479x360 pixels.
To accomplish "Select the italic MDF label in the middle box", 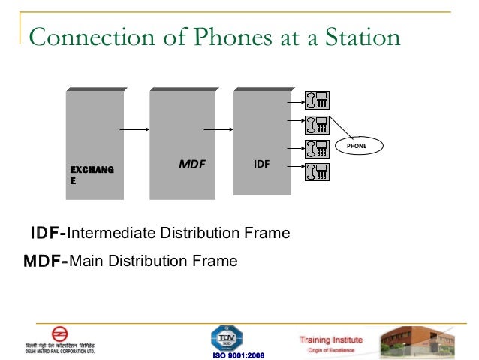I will (191, 162).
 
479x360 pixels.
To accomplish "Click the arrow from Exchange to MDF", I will (136, 129).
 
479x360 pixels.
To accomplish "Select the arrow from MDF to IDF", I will (219, 129).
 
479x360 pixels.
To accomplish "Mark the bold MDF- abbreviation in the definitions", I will (46, 262).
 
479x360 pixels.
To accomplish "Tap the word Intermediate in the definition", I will (110, 234).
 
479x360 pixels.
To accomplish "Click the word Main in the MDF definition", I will (86, 262).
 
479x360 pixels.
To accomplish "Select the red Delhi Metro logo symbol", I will (58, 335).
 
